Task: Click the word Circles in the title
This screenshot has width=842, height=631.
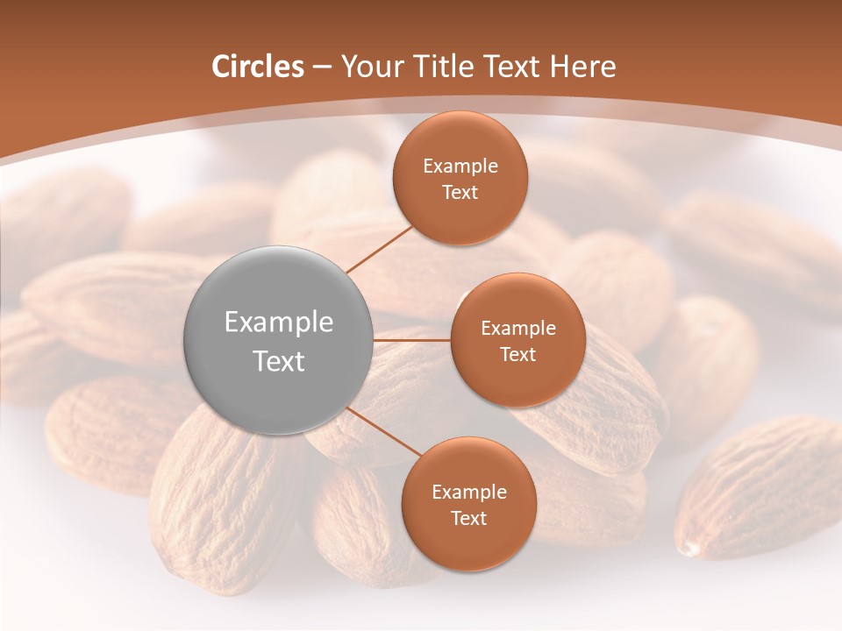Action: point(258,67)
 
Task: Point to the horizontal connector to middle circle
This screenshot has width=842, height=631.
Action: point(412,340)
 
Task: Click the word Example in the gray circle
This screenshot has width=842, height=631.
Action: point(279,323)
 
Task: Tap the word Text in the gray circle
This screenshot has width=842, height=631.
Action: point(279,361)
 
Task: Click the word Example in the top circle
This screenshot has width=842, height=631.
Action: point(460,167)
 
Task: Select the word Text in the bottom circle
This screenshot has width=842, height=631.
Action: point(468,519)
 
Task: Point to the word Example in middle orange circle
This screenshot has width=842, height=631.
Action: point(517,329)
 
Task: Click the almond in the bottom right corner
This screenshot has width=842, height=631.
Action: point(759,491)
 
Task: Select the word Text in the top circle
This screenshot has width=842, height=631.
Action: point(460,193)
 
